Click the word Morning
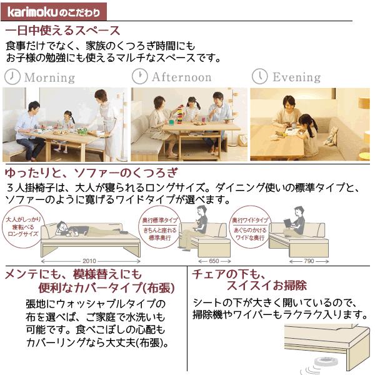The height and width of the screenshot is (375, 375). pos(49,78)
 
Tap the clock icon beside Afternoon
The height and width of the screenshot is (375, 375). pos(139,76)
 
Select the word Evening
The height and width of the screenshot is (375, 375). pos(296,77)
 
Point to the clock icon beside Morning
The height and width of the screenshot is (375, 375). pos(12,77)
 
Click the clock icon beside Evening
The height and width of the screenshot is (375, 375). pos(259,76)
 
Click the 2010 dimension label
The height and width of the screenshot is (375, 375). pos(89,261)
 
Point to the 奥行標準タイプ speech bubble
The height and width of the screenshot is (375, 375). pos(161,229)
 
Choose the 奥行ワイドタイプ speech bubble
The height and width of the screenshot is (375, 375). pos(250,228)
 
